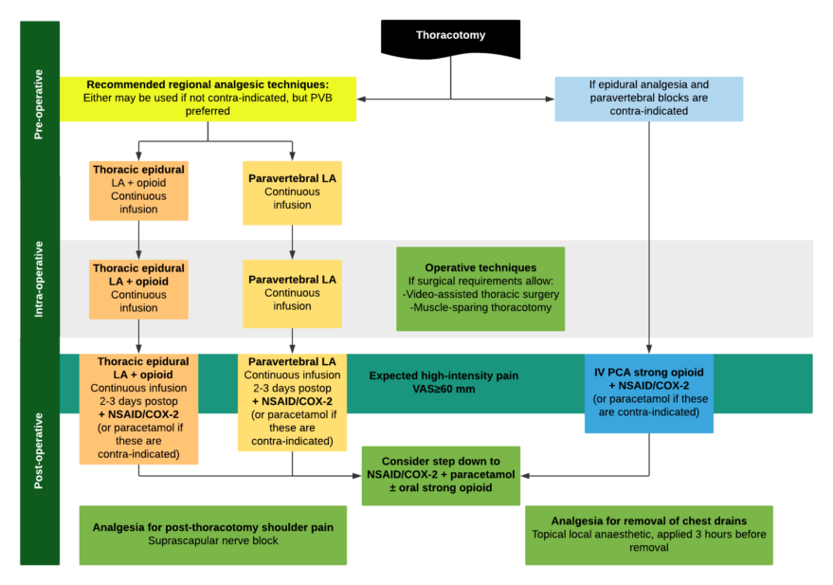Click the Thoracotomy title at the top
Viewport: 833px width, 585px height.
click(x=450, y=35)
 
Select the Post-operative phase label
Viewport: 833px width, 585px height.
click(x=39, y=450)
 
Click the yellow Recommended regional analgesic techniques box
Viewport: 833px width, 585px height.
click(x=208, y=98)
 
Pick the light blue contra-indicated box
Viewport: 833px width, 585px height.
click(x=649, y=98)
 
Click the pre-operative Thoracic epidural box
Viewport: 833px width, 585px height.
click(x=138, y=190)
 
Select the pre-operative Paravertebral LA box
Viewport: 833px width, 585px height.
click(x=292, y=192)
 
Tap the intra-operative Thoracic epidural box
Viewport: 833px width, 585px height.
click(x=138, y=288)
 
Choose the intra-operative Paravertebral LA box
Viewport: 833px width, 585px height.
click(x=292, y=293)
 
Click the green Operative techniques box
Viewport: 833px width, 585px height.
click(x=480, y=288)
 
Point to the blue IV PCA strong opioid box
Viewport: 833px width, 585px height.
click(x=649, y=393)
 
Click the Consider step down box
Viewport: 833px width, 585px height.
click(x=442, y=475)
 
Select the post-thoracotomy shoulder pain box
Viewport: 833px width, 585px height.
click(x=212, y=534)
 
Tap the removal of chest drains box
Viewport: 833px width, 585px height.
click(x=649, y=535)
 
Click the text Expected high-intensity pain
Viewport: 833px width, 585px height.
click(x=444, y=376)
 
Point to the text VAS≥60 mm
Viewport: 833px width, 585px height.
click(x=444, y=390)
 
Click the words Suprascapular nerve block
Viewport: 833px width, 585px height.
click(x=212, y=541)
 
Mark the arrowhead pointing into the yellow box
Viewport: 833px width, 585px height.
click(x=363, y=98)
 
